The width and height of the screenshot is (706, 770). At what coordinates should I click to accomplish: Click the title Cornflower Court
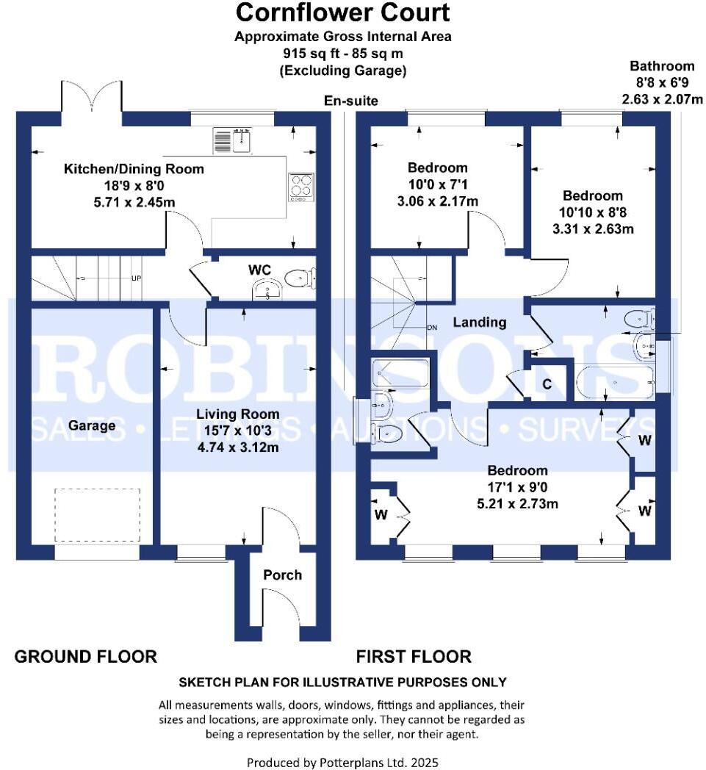click(x=342, y=12)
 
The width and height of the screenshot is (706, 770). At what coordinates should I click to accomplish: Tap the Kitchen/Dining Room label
click(x=134, y=169)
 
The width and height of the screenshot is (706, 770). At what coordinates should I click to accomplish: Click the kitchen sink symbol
click(x=233, y=139)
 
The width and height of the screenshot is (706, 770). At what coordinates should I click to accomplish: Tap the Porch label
click(x=283, y=575)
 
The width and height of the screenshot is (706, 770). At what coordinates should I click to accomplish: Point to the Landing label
click(x=479, y=322)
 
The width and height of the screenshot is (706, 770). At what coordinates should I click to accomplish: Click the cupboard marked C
click(x=547, y=383)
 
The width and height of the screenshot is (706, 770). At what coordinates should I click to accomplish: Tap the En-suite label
click(x=351, y=101)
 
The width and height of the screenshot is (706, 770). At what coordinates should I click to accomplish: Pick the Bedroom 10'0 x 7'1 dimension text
click(x=439, y=184)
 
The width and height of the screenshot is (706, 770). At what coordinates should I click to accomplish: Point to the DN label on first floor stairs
click(x=433, y=328)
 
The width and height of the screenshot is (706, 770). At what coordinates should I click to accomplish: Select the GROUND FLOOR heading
click(x=86, y=656)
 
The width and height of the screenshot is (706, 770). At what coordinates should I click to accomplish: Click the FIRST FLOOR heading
click(x=414, y=656)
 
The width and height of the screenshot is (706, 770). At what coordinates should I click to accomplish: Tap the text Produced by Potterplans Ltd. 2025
click(x=342, y=762)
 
